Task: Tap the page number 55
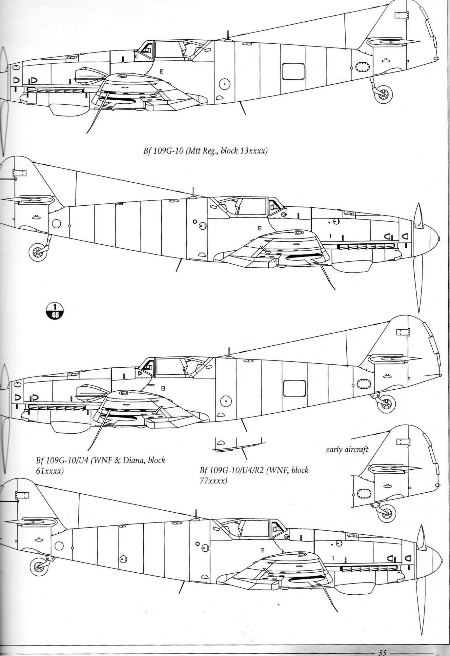tap(383, 652)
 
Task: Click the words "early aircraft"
tap(347, 449)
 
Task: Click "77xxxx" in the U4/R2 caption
tap(213, 482)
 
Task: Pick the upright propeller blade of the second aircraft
tap(418, 215)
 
